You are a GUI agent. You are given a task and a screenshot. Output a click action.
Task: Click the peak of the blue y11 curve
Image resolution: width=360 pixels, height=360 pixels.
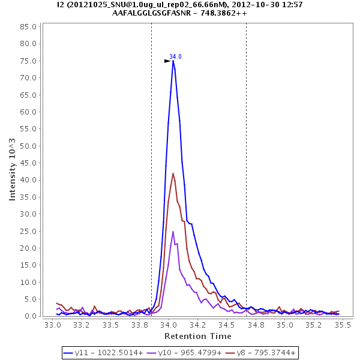(173, 61)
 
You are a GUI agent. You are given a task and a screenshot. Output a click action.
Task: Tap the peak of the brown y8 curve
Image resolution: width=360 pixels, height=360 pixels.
(173, 173)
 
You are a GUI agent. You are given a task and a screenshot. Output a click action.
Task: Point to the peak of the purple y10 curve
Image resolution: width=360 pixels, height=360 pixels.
(173, 232)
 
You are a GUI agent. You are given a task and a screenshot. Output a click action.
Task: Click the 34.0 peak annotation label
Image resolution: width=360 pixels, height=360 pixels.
(175, 56)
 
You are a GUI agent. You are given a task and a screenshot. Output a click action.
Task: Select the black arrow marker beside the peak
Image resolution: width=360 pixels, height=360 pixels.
(168, 61)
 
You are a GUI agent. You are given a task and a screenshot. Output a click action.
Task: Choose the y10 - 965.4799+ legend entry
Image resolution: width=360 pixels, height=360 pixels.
(185, 352)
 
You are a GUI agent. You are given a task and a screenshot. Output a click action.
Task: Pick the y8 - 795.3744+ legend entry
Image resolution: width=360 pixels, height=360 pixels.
(262, 352)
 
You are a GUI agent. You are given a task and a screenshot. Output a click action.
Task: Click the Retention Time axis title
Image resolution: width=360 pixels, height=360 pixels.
(190, 336)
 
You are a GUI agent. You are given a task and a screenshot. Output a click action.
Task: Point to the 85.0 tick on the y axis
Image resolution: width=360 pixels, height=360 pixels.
(28, 26)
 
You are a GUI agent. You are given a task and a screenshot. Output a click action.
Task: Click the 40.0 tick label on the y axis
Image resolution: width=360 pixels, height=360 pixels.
(28, 180)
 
